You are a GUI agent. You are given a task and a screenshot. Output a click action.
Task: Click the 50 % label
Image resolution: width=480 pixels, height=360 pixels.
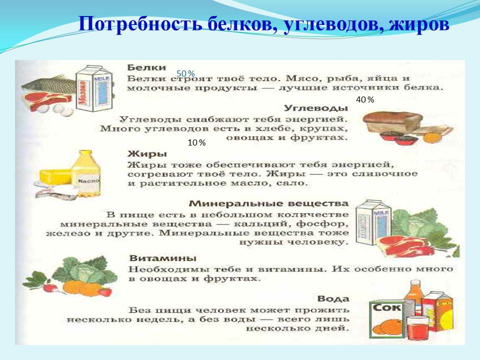coord(185,74)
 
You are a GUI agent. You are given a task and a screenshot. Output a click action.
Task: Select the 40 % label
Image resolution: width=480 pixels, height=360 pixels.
coord(365,100)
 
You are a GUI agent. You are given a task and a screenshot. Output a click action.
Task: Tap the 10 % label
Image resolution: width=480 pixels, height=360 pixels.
coord(196,143)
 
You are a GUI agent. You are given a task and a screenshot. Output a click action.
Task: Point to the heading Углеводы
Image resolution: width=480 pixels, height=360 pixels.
coord(316,108)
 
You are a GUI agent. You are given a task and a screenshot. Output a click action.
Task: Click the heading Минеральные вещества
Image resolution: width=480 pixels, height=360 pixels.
coord(269,203)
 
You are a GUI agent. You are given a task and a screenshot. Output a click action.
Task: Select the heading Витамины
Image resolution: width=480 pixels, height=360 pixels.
coord(163,258)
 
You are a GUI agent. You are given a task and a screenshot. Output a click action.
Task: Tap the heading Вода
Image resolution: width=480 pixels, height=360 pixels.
coord(333,299)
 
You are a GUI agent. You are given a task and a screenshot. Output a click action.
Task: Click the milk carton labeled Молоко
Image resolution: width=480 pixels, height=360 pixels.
coord(94,89)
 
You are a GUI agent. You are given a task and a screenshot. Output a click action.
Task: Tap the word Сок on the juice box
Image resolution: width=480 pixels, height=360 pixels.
coord(386,307)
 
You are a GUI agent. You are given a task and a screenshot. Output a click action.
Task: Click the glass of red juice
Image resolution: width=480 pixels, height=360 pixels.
coord(417,327)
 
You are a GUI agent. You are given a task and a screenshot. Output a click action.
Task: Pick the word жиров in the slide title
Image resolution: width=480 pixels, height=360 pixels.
coord(419,24)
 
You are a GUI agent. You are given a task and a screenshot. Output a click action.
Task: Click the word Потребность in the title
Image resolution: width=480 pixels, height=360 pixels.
coord(140,24)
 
